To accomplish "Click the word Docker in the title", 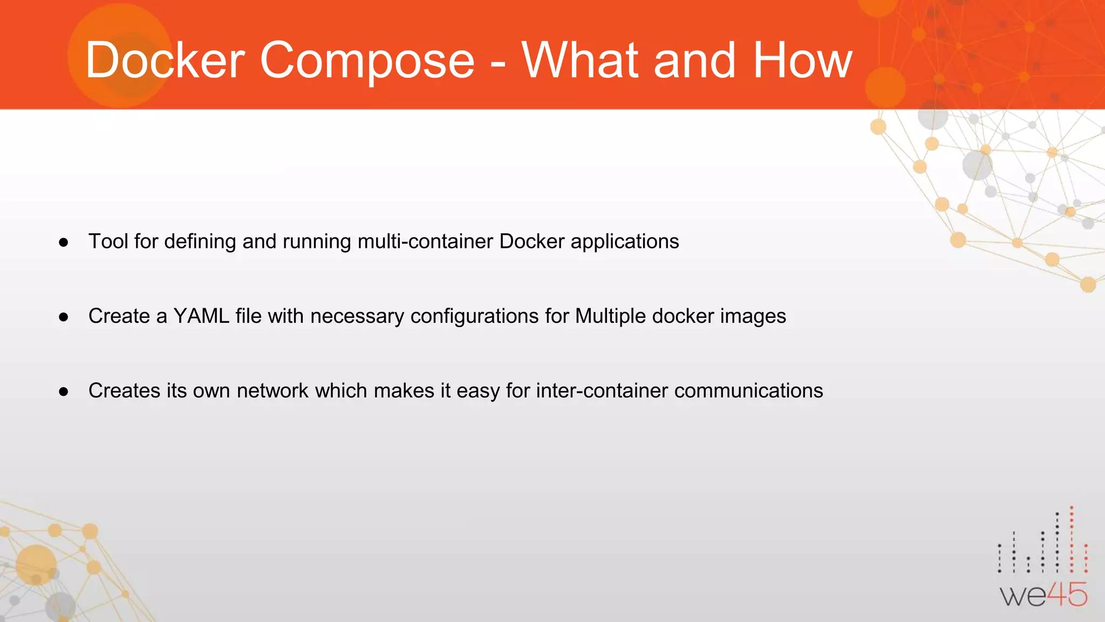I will [165, 60].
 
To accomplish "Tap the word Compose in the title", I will [367, 60].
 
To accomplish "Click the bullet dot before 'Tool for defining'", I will [64, 242].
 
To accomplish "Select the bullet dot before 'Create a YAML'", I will [64, 317].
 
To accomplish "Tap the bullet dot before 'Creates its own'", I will [64, 391].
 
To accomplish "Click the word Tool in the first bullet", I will [108, 241].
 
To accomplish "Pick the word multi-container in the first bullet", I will [425, 241].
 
